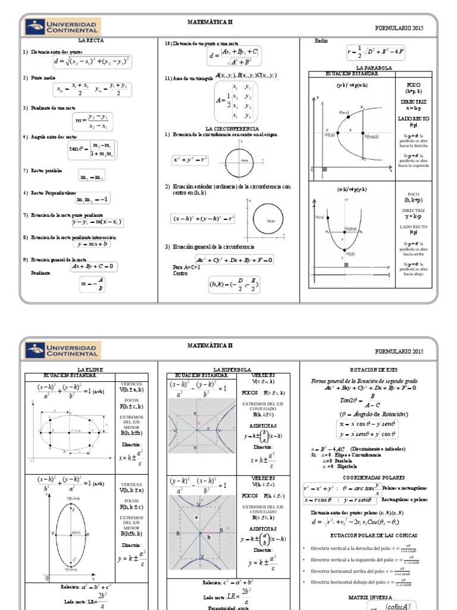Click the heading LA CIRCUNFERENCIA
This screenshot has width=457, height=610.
232,128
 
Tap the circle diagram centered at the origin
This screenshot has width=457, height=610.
243,160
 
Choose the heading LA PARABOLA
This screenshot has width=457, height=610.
374,69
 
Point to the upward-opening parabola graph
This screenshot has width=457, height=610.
347,229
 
